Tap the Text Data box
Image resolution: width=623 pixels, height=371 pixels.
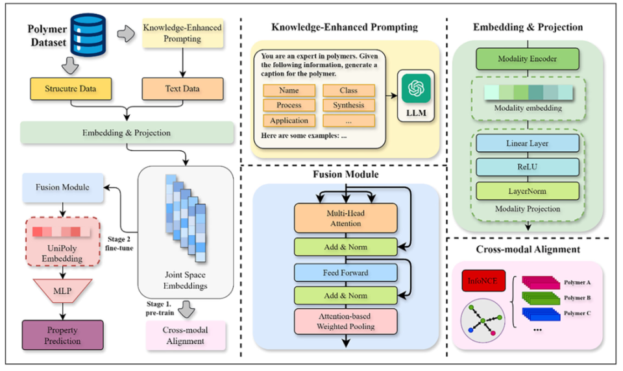(x=182, y=88)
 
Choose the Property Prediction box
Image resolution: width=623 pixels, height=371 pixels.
(x=63, y=335)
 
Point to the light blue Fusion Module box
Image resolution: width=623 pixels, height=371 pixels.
(x=62, y=187)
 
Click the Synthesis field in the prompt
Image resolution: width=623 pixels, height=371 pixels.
(x=348, y=105)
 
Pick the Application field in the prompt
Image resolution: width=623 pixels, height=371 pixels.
(x=289, y=121)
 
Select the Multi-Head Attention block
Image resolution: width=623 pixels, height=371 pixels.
(x=345, y=218)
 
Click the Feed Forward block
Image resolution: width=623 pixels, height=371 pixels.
(x=345, y=272)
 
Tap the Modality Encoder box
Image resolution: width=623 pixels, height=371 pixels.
(x=527, y=59)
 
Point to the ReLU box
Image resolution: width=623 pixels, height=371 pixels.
(x=527, y=167)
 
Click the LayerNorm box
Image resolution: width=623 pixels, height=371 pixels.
(x=527, y=191)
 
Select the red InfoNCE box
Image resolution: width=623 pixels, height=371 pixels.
(x=481, y=281)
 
